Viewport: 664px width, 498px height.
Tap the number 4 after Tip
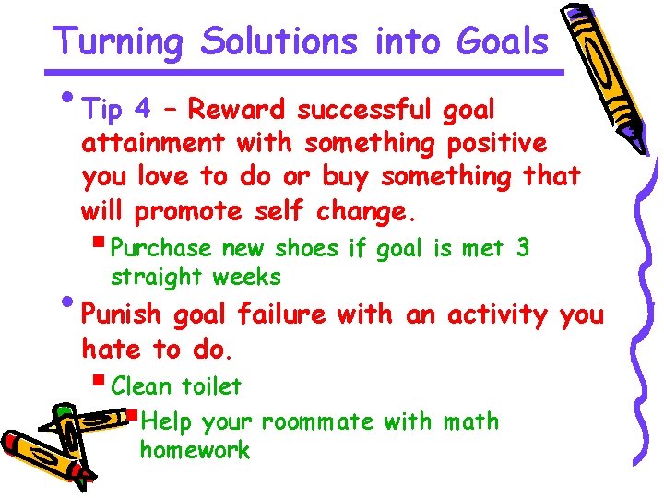142,110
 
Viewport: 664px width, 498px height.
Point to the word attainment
153,143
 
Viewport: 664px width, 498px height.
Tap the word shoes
309,248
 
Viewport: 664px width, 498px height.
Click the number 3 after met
523,248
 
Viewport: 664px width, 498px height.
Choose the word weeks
247,277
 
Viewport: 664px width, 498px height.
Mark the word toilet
211,386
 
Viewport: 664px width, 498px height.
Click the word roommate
317,422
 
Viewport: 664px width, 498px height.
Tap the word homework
195,451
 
